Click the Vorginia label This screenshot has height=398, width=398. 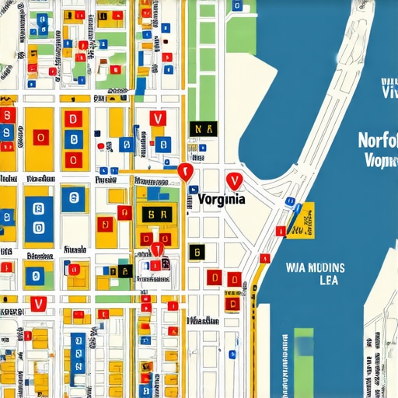[222, 198]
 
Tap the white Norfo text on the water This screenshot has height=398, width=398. [378, 141]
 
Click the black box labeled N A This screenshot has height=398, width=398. [204, 129]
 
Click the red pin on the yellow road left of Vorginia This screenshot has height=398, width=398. [186, 172]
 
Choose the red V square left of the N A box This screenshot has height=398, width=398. [158, 119]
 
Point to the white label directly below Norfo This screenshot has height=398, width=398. [380, 161]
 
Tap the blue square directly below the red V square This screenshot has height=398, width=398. [162, 144]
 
